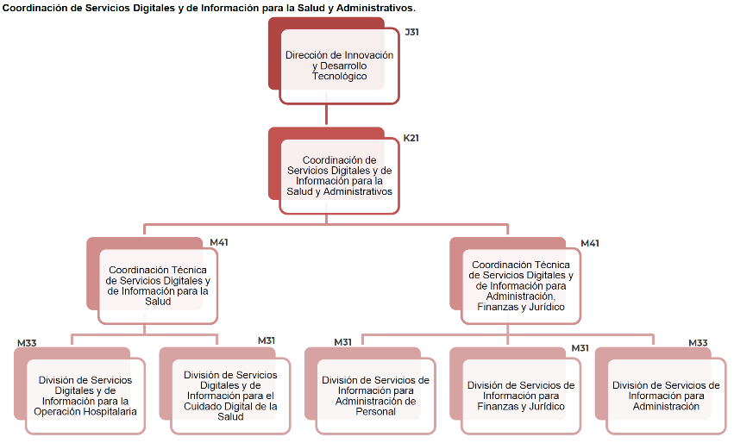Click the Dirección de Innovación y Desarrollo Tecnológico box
pyautogui.click(x=339, y=66)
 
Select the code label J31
pyautogui.click(x=411, y=32)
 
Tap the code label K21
pyautogui.click(x=411, y=138)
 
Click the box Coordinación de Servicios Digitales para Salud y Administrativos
pyautogui.click(x=339, y=176)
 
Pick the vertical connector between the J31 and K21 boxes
pyautogui.click(x=327, y=115)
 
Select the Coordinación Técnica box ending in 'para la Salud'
pyautogui.click(x=158, y=285)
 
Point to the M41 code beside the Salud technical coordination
pyautogui.click(x=219, y=242)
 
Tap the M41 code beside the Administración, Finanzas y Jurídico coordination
pyautogui.click(x=590, y=243)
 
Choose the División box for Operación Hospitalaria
pyautogui.click(x=85, y=396)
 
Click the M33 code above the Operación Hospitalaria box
pyautogui.click(x=27, y=343)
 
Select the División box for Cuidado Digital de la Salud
pyautogui.click(x=230, y=396)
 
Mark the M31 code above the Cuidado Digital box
pyautogui.click(x=267, y=340)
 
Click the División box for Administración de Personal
pyautogui.click(x=375, y=396)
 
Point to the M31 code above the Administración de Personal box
pyautogui.click(x=343, y=342)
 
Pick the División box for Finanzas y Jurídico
pyautogui.click(x=520, y=396)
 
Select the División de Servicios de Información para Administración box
pyautogui.click(x=665, y=396)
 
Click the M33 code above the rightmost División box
pyautogui.click(x=698, y=343)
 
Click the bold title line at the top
pyautogui.click(x=209, y=8)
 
